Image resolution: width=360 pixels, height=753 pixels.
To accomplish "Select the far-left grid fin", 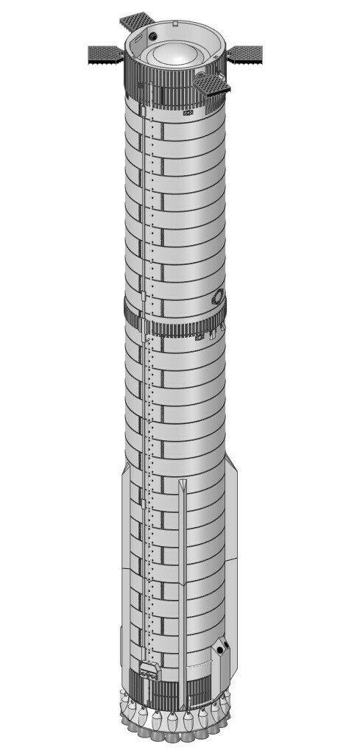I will [105, 54].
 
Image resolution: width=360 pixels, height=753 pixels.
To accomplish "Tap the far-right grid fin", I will [244, 53].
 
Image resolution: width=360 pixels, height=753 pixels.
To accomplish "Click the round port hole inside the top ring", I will [152, 36].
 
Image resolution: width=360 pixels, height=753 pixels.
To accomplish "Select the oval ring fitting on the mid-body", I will [217, 297].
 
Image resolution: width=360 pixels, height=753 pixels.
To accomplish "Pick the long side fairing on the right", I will [231, 559].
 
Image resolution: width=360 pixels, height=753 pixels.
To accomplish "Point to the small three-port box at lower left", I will [149, 671].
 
